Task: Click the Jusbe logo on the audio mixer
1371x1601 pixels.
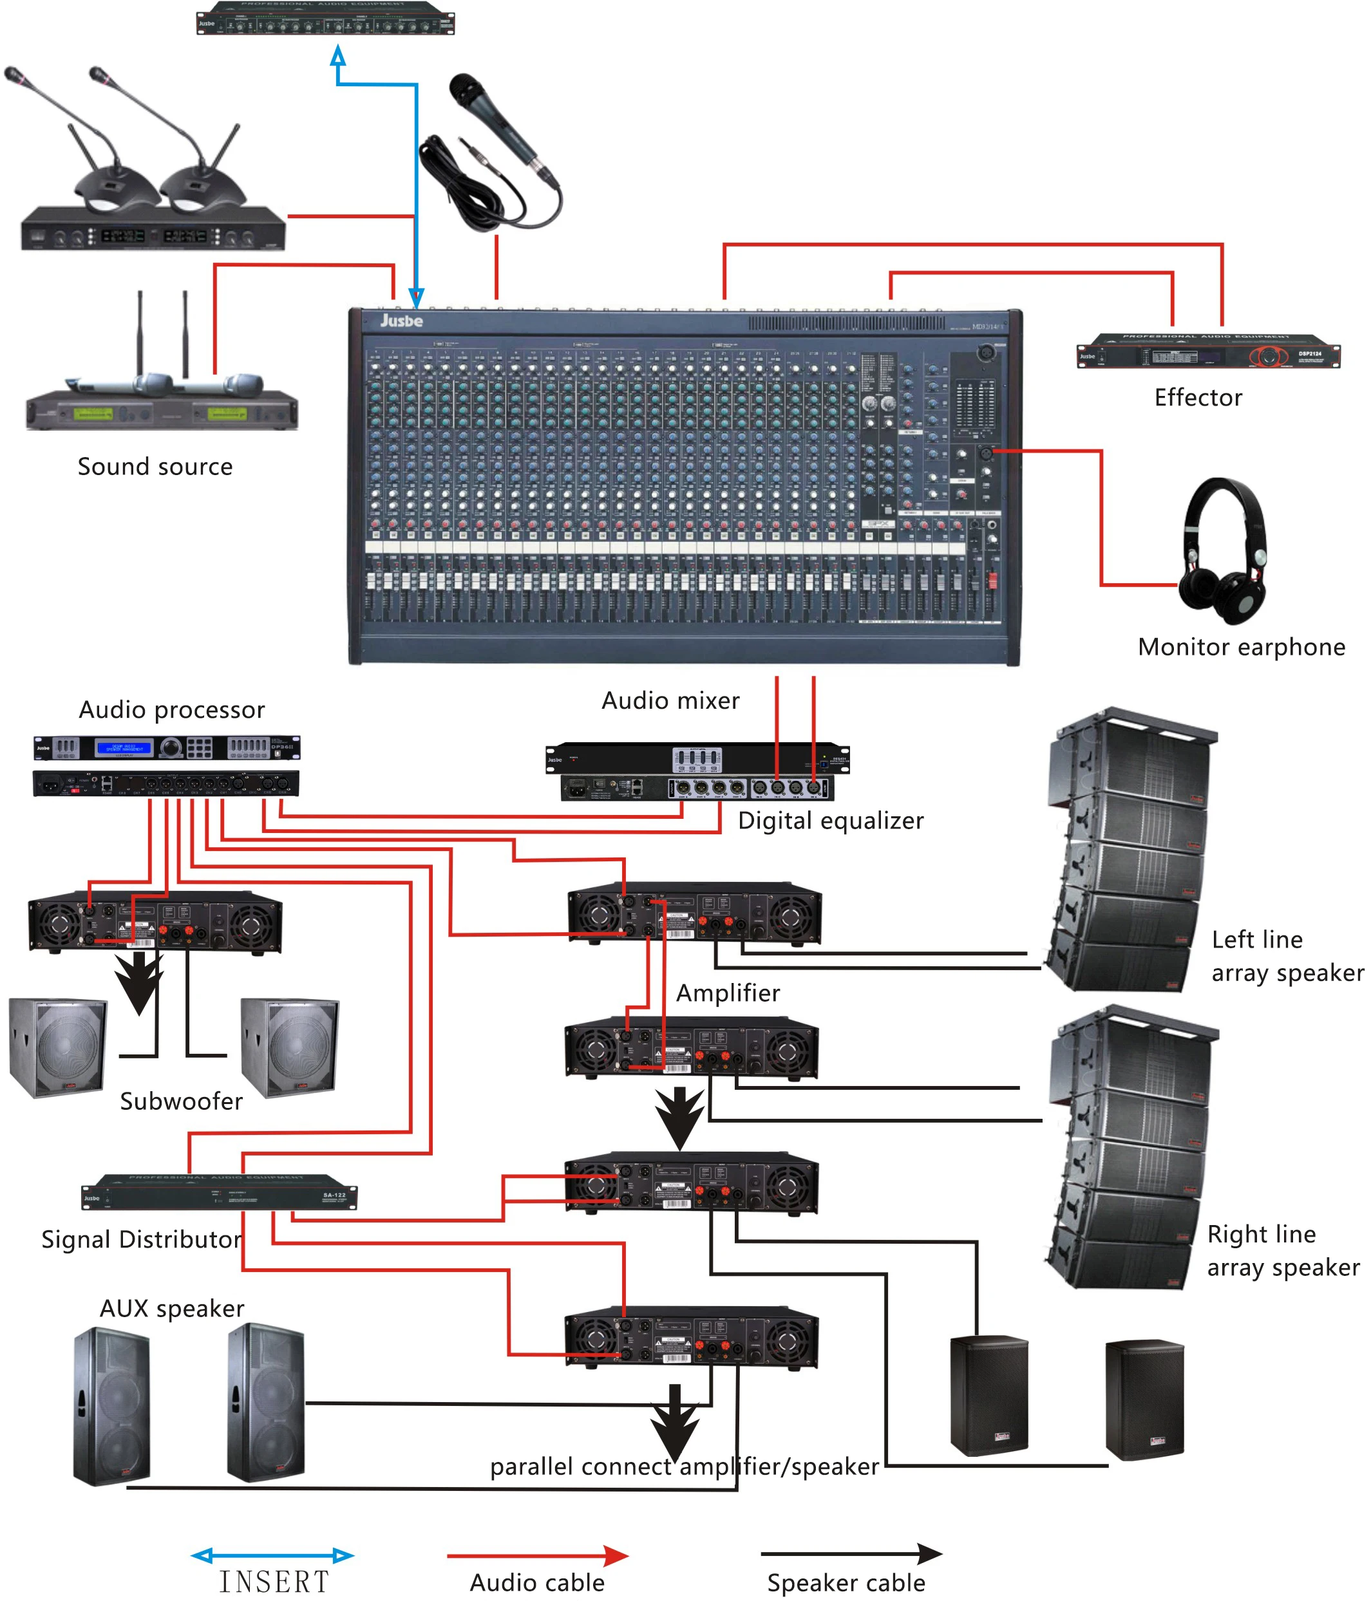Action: coord(401,320)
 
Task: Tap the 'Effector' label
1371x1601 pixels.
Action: coord(1197,397)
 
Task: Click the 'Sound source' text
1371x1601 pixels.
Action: coord(155,466)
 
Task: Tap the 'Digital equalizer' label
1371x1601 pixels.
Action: coord(830,820)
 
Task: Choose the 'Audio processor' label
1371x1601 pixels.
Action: coord(171,709)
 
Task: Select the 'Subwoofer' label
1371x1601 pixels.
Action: coord(181,1100)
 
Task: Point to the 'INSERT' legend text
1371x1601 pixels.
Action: coord(274,1581)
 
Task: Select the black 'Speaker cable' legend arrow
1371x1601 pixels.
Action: coord(850,1553)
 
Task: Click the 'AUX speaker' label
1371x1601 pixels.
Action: coord(171,1308)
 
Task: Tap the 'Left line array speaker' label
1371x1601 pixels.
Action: coord(1286,955)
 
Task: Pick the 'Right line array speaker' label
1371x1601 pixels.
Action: coord(1282,1250)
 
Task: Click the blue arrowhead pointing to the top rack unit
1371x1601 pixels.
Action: coord(337,55)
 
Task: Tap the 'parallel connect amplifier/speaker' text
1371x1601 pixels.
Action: coord(684,1466)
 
